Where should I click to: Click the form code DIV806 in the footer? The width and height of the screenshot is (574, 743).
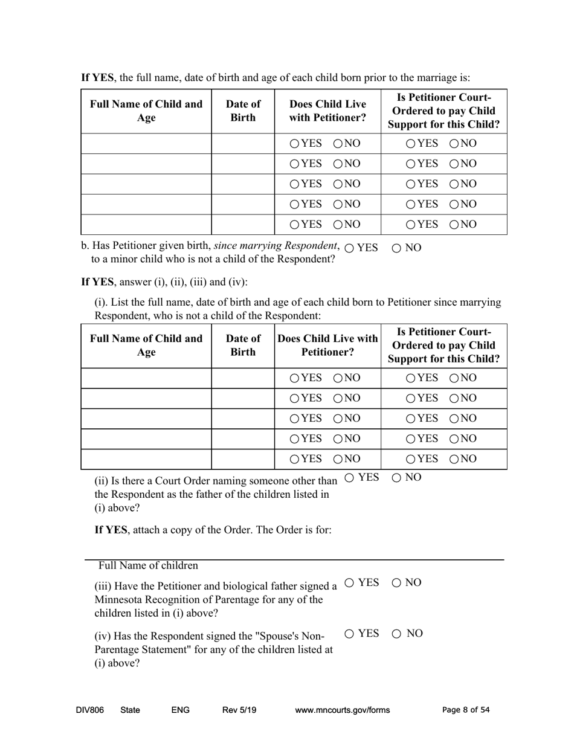pos(90,710)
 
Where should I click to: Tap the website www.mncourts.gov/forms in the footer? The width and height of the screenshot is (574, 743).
pos(342,710)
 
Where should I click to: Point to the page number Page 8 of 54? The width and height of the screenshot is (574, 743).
pos(466,710)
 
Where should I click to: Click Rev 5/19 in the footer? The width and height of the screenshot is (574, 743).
pos(239,710)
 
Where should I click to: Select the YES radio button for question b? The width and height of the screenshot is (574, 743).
pos(350,248)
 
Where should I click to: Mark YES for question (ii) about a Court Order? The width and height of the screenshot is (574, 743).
pos(350,478)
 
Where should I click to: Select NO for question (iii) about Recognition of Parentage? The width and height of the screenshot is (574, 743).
pos(397,583)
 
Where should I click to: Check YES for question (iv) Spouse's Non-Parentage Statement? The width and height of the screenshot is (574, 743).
pos(350,634)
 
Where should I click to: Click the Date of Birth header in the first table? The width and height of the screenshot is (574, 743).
pos(243,111)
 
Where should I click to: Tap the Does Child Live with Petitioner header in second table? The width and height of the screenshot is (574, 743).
pos(327,345)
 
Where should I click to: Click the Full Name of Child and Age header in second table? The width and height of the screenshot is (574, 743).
pos(146,345)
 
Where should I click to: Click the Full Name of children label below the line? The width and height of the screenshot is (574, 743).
pos(148,566)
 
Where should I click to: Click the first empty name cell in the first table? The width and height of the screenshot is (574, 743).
pos(146,144)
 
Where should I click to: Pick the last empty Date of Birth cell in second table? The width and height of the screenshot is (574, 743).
pos(243,459)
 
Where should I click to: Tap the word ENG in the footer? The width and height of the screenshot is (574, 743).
pos(181,710)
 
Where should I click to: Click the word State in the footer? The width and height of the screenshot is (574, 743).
pos(130,710)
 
